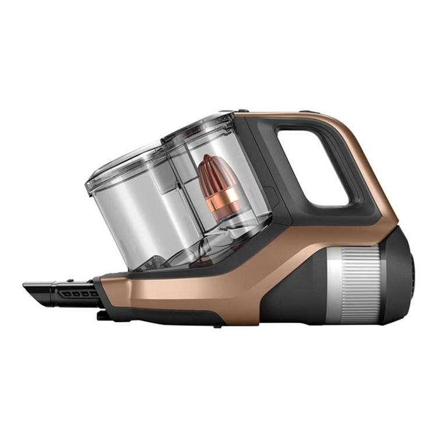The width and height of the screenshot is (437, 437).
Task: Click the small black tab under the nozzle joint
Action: tap(101, 315)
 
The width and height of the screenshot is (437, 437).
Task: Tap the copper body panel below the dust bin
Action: tap(175, 291)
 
